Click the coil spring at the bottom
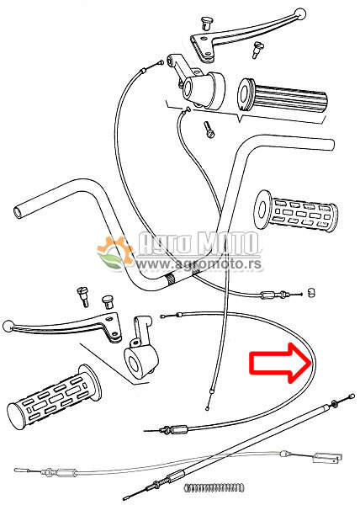click(x=214, y=487)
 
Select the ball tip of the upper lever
click(x=299, y=13)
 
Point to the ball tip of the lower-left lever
click(x=8, y=327)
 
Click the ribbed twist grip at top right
click(x=282, y=96)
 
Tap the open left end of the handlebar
click(x=18, y=211)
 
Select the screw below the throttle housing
click(x=209, y=130)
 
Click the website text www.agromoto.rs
click(x=199, y=264)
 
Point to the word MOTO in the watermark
click(x=228, y=243)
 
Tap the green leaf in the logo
click(x=111, y=260)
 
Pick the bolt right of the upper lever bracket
click(x=257, y=50)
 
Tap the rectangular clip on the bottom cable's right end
click(x=327, y=458)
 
